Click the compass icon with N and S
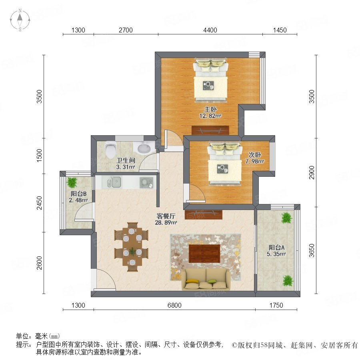point(20,20)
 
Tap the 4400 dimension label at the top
point(210,30)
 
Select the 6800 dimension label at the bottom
point(174,305)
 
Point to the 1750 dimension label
point(276,305)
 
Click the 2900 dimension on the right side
point(311,172)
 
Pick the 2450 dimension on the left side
point(40,203)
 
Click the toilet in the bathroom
point(110,150)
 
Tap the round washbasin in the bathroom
point(144,148)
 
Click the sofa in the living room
point(206,280)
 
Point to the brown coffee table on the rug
point(204,254)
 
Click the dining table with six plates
point(132,247)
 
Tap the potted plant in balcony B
point(72,182)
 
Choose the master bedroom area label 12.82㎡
point(210,116)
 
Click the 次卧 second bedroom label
point(255,155)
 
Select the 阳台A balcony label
point(276,248)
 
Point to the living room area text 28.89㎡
point(166,222)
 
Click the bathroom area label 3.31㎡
point(125,167)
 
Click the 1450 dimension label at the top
point(280,30)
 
